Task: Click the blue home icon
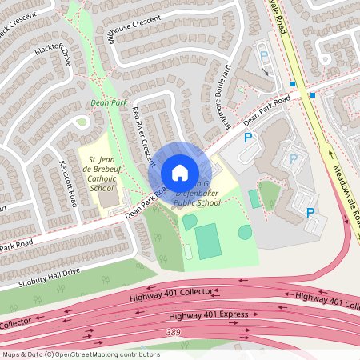tap(179, 173)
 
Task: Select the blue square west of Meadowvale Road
tap(294, 84)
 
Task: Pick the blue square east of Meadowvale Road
tap(312, 95)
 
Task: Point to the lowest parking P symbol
tap(310, 213)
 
